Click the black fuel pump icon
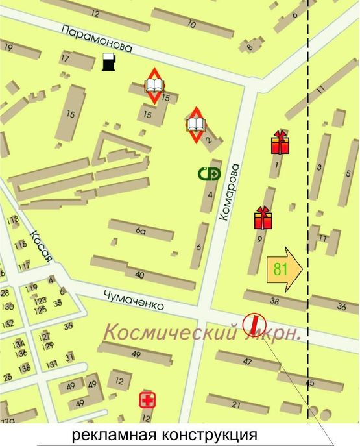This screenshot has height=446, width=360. click(x=108, y=62)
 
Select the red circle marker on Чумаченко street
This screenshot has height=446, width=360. click(x=254, y=324)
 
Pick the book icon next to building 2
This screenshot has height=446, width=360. click(x=196, y=123)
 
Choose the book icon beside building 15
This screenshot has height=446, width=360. click(x=154, y=85)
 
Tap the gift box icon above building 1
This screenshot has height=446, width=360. click(x=280, y=142)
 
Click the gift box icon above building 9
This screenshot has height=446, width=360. click(x=263, y=218)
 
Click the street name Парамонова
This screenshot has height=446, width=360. click(x=97, y=39)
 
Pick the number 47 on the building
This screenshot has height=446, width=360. click(x=247, y=361)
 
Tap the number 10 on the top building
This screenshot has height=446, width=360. click(x=191, y=25)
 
